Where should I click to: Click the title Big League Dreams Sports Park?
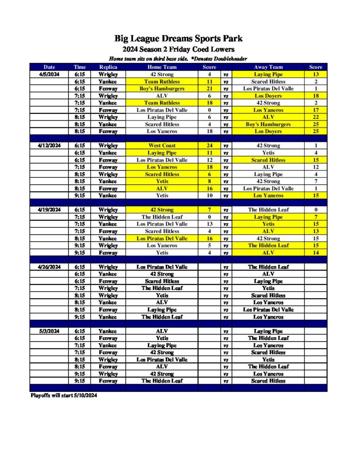coord(178,39)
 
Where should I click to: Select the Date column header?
coord(49,67)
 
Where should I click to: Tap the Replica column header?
coord(108,67)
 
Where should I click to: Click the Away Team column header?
coord(269,67)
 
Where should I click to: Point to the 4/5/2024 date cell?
coord(49,75)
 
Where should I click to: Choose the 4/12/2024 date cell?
coord(49,146)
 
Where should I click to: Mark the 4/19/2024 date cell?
coord(49,210)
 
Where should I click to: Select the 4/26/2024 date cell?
coord(49,267)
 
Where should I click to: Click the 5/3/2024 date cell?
coord(49,331)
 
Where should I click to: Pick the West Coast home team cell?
coord(162,146)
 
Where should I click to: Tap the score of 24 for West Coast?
coord(209,146)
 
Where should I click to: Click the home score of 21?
coord(209,89)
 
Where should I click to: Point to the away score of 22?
coord(316,117)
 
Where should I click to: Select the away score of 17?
coord(316,110)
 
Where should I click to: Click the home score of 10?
coord(209,196)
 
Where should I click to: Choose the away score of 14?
coord(316,253)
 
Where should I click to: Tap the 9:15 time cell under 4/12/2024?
coord(80,196)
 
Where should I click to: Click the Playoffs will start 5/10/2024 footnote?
coord(64,395)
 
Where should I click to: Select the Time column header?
coord(80,67)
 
